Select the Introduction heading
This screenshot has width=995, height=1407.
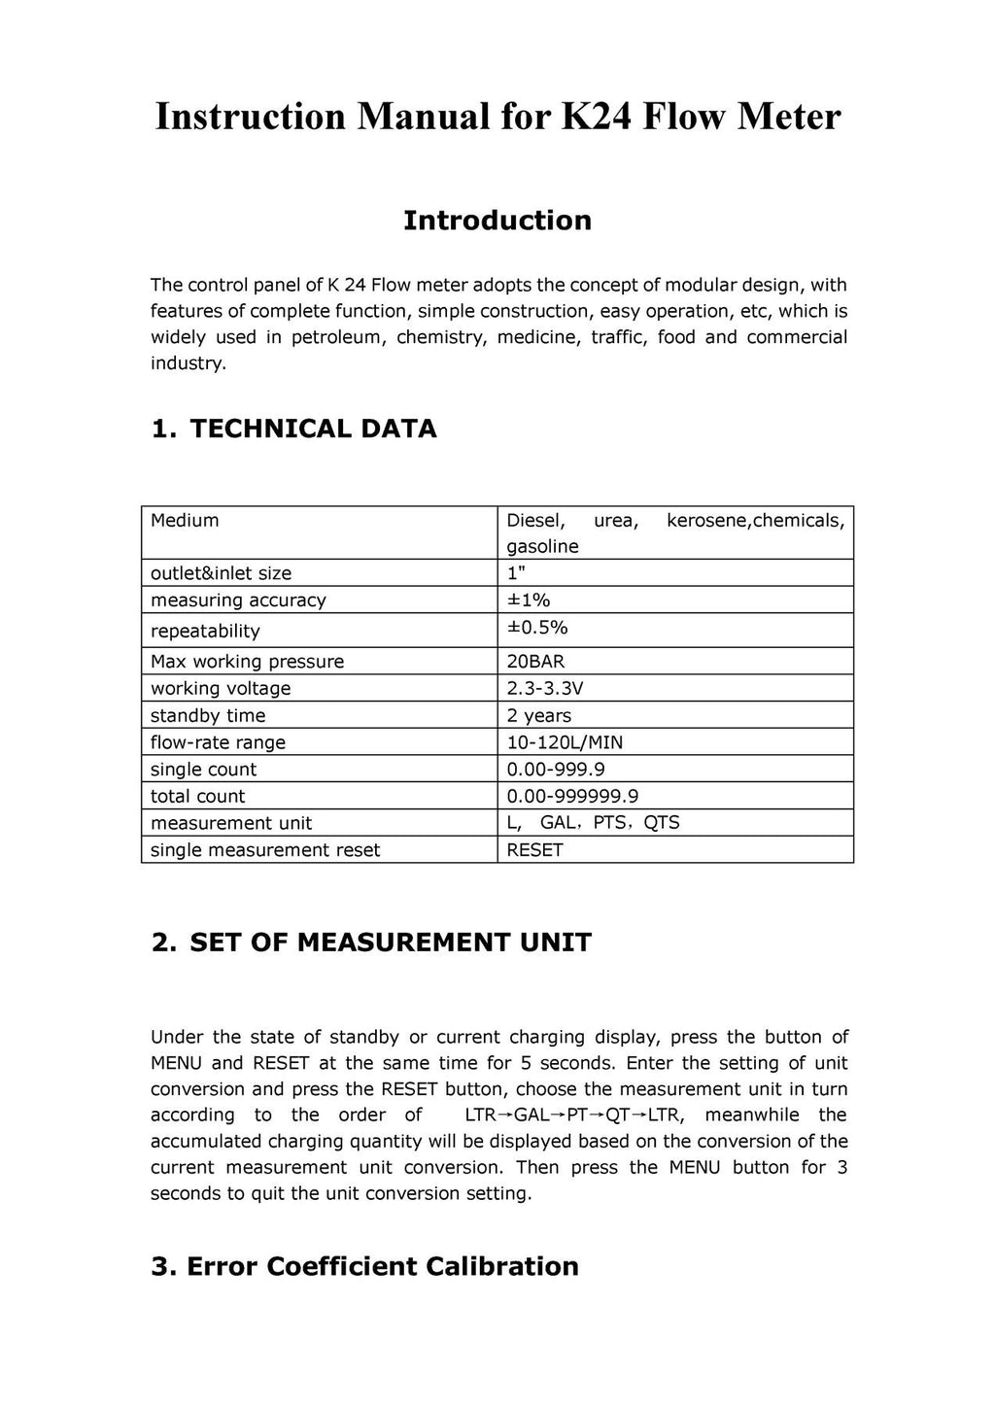click(497, 221)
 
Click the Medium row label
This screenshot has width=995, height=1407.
click(185, 521)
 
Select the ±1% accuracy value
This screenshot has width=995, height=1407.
click(529, 601)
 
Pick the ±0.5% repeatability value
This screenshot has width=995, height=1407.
click(537, 628)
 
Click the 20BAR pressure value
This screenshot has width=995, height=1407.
click(535, 662)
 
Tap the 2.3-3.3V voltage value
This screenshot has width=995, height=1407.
click(545, 689)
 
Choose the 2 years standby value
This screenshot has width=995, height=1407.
click(539, 716)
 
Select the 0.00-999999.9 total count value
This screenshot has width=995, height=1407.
click(572, 797)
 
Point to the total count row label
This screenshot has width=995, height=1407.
click(198, 797)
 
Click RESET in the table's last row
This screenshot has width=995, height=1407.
click(534, 850)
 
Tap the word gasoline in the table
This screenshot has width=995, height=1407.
click(542, 547)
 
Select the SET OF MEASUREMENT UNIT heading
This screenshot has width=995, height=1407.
click(390, 943)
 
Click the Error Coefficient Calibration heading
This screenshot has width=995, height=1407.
click(382, 1266)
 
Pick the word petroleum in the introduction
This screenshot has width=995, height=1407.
click(339, 337)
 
